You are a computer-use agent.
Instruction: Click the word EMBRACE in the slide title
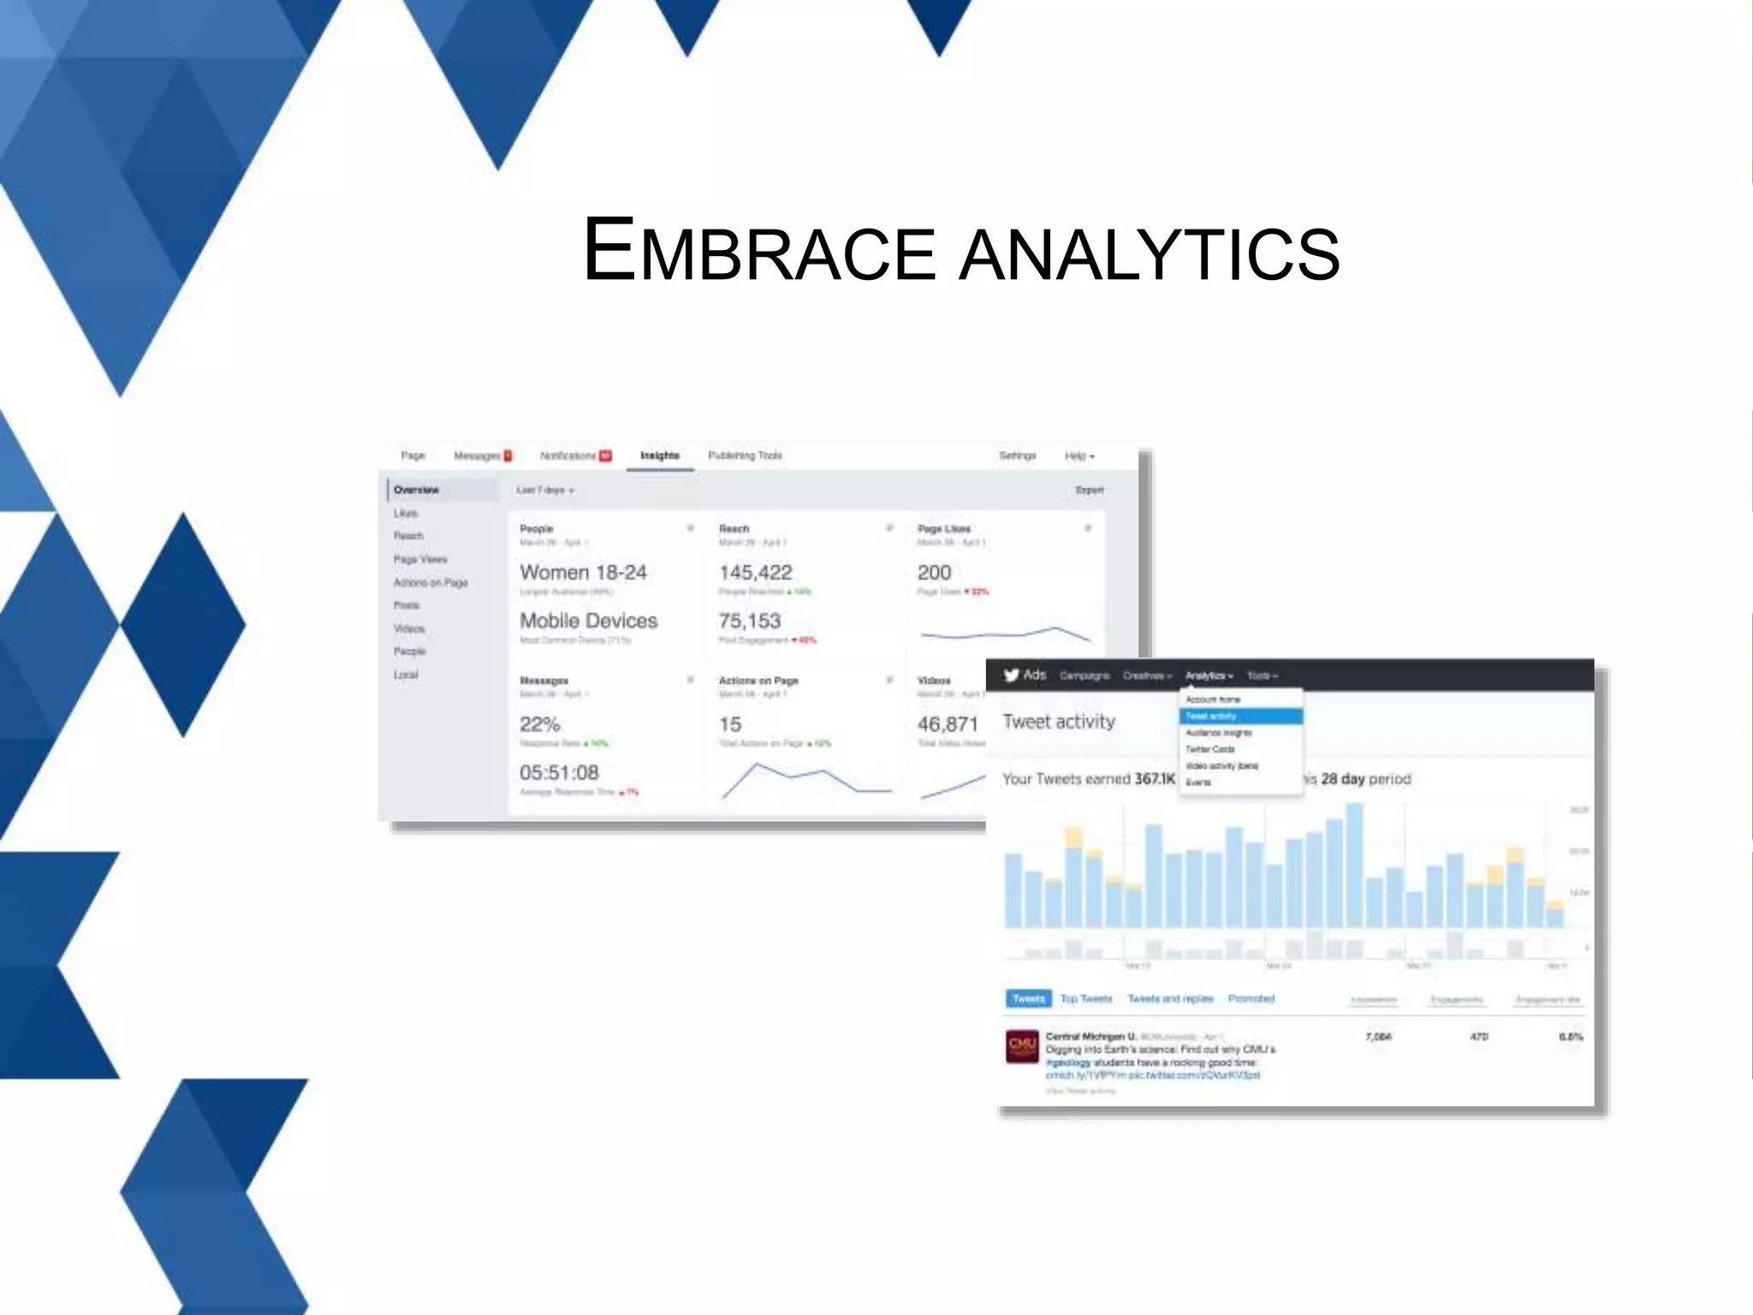click(x=758, y=251)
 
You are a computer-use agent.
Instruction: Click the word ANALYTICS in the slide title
click(x=1149, y=254)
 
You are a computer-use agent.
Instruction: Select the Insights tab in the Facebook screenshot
click(x=659, y=455)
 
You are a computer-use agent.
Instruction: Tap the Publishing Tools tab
click(x=745, y=455)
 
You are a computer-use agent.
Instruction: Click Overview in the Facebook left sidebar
click(x=417, y=490)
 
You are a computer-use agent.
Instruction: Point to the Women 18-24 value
click(x=583, y=572)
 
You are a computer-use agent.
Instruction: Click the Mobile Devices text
click(x=588, y=621)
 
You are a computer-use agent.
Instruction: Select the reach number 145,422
click(x=755, y=572)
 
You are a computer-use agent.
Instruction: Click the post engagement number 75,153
click(x=750, y=621)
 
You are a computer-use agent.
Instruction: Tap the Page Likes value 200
click(x=934, y=572)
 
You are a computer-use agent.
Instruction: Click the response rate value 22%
click(x=539, y=724)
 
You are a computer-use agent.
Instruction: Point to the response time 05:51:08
click(x=559, y=772)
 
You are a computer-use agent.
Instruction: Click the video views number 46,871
click(x=947, y=724)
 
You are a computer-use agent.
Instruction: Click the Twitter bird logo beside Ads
click(x=1012, y=675)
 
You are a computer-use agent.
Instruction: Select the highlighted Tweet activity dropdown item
click(x=1240, y=716)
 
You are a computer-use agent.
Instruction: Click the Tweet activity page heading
click(x=1059, y=722)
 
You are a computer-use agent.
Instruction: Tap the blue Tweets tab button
click(x=1028, y=998)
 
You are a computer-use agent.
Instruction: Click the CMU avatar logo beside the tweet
click(x=1022, y=1046)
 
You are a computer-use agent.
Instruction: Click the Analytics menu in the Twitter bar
click(x=1208, y=675)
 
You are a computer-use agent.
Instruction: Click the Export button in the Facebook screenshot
click(x=1089, y=490)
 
